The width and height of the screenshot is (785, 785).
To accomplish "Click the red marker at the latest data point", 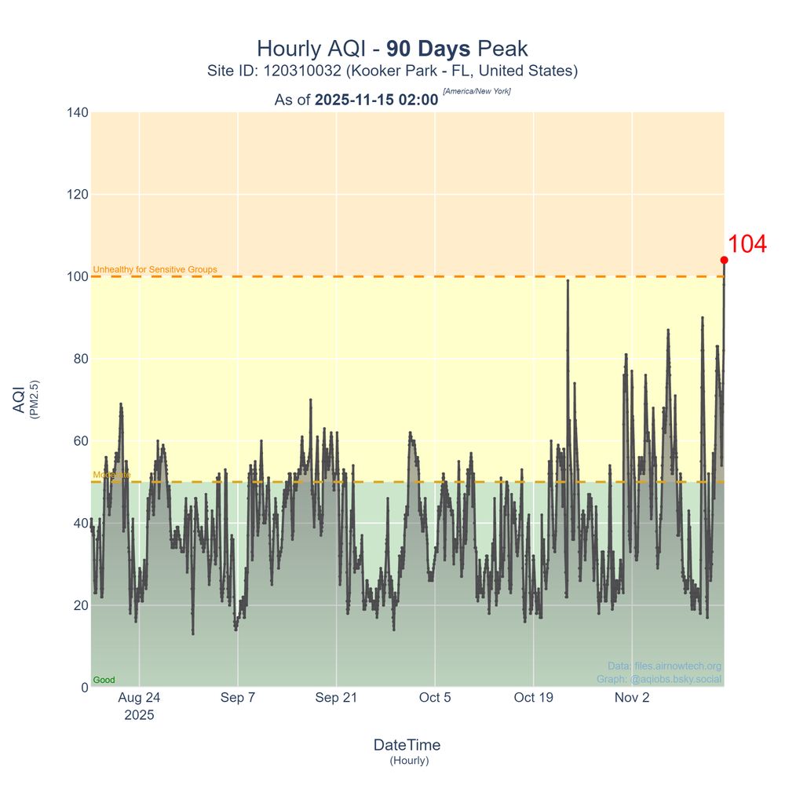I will point(724,260).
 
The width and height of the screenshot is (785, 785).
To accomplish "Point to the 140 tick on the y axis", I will point(78,112).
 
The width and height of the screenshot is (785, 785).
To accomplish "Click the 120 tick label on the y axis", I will point(78,195).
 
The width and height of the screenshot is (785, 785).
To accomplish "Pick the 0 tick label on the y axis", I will point(84,688).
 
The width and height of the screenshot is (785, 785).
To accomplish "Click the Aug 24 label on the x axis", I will point(139,697).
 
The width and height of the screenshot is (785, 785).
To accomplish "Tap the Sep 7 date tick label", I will point(238,697).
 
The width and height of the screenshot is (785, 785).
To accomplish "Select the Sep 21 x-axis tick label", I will point(337,697).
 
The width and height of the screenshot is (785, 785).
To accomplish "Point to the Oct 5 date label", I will point(435,697).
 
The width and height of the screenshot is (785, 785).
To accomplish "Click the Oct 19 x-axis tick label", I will point(534,697).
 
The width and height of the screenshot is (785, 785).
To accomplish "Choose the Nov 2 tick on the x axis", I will point(632,697).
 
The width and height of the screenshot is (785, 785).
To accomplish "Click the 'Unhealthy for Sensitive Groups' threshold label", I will point(155,270).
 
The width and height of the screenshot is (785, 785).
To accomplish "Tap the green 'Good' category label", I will point(104,680).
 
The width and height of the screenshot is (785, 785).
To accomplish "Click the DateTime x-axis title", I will point(407,745).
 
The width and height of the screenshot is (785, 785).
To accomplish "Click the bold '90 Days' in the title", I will point(429,49).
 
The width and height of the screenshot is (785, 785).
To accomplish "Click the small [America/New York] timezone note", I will point(476,92).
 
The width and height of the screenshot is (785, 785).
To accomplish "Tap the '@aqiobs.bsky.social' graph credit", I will point(676,679).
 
